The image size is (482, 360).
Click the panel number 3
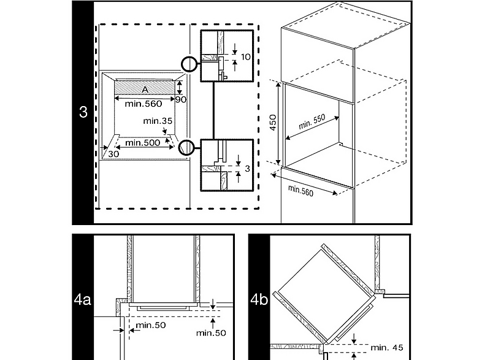pyautogui.click(x=83, y=112)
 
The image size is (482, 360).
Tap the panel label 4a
pyautogui.click(x=82, y=299)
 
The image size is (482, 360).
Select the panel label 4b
pyautogui.click(x=259, y=299)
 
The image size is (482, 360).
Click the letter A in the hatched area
pyautogui.click(x=145, y=90)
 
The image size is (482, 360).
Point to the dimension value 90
pyautogui.click(x=181, y=99)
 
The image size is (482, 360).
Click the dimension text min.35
pyautogui.click(x=158, y=121)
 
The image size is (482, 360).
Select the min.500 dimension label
pyautogui.click(x=143, y=143)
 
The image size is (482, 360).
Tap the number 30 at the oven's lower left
pyautogui.click(x=113, y=154)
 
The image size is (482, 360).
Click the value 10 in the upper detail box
pyautogui.click(x=246, y=57)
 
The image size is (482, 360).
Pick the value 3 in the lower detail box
pyautogui.click(x=248, y=169)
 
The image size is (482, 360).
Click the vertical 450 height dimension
pyautogui.click(x=273, y=123)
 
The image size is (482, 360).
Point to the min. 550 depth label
pyautogui.click(x=312, y=122)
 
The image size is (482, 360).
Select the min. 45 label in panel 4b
pyautogui.click(x=387, y=347)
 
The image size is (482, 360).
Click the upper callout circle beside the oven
pyautogui.click(x=182, y=64)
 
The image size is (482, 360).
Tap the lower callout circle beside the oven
pyautogui.click(x=180, y=148)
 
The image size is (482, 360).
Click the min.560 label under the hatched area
pyautogui.click(x=143, y=104)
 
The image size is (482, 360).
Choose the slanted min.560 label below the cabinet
pyautogui.click(x=300, y=191)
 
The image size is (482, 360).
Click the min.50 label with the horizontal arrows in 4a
pyautogui.click(x=151, y=325)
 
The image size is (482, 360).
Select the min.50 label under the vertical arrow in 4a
pyautogui.click(x=211, y=332)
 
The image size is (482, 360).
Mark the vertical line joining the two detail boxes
pyautogui.click(x=213, y=110)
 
